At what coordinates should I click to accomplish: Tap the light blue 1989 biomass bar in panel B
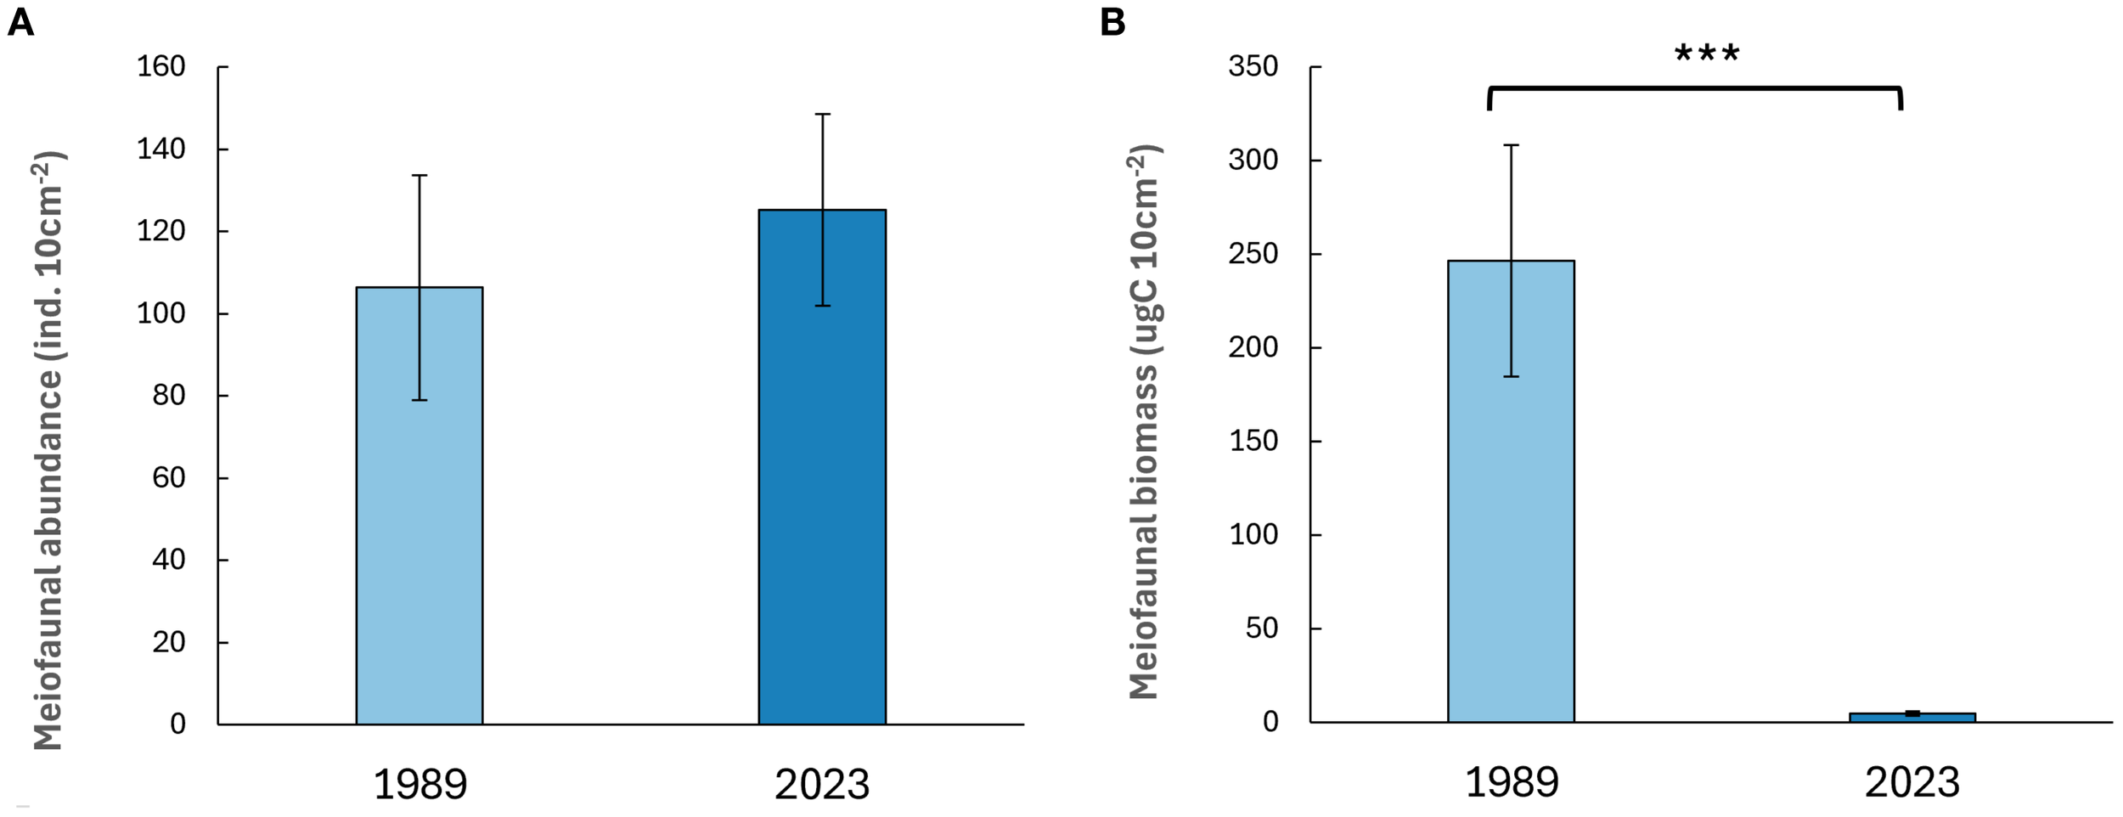pos(1511,510)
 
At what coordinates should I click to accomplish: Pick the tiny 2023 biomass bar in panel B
pos(1912,717)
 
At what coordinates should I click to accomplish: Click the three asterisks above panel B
pos(1706,55)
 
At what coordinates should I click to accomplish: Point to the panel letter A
pos(20,23)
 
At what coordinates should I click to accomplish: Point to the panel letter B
pos(1112,23)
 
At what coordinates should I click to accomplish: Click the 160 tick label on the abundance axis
pos(160,66)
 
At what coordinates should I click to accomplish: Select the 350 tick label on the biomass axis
pos(1253,66)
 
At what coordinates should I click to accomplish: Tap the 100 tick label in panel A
pos(160,313)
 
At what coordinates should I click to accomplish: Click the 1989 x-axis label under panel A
pos(420,783)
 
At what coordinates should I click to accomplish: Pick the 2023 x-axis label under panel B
pos(1912,781)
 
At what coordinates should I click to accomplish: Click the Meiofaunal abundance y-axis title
pos(49,450)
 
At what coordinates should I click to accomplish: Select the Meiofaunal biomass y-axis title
pos(1145,422)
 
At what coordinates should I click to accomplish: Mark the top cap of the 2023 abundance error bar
pos(822,114)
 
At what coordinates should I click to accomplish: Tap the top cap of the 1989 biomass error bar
pos(1512,145)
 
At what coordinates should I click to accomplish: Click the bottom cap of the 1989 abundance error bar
pos(420,400)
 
